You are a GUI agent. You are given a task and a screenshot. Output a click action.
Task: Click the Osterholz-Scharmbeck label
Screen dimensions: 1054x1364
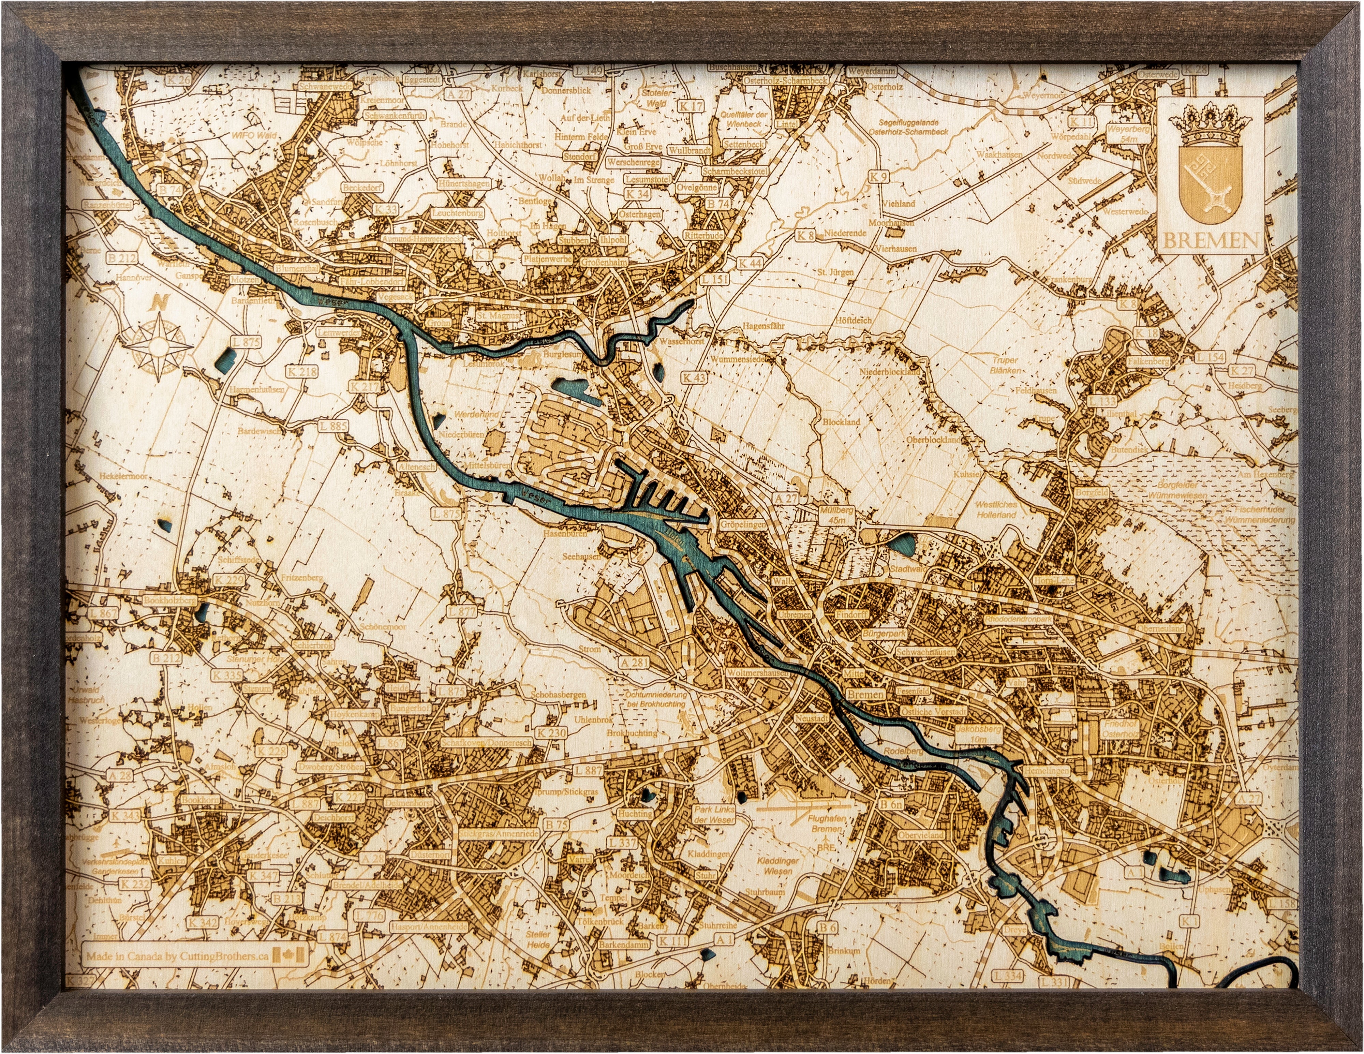tap(785, 80)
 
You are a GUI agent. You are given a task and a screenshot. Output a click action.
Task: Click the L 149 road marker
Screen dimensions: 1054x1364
tap(588, 71)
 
